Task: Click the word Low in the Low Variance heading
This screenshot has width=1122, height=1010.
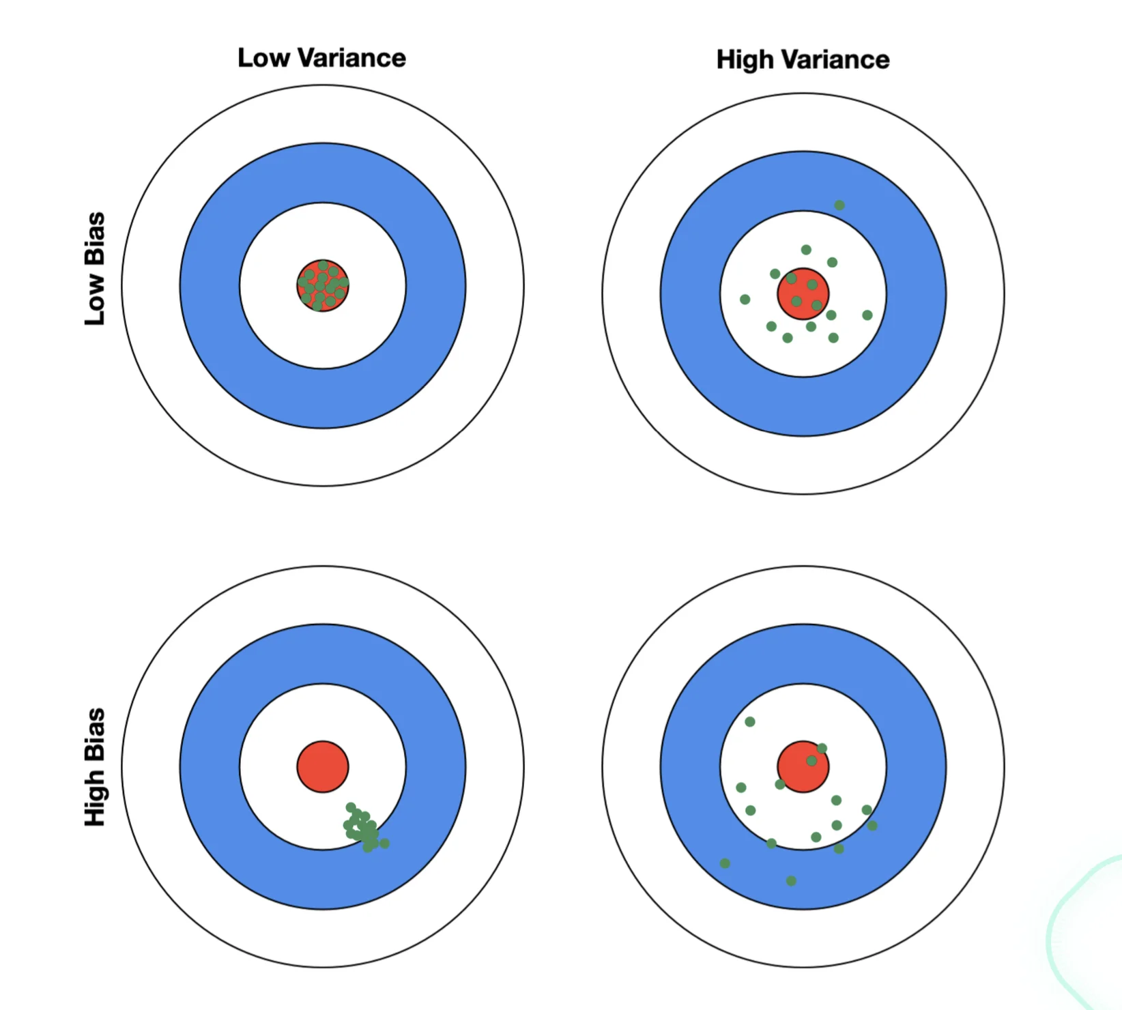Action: [x=263, y=58]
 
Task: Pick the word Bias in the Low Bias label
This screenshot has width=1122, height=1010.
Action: [x=95, y=238]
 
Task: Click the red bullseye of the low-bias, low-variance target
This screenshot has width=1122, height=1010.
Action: [x=323, y=285]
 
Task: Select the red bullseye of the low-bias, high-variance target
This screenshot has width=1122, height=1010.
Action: [x=803, y=293]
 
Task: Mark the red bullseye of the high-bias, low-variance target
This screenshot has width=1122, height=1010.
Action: [x=323, y=766]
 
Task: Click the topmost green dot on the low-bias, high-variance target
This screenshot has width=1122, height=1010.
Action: [x=839, y=205]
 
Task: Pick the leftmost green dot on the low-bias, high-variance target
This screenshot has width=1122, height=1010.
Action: [x=745, y=300]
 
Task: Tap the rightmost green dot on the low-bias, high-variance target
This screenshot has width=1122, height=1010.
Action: [x=867, y=315]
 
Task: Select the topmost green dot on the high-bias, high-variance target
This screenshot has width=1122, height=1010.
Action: [x=750, y=722]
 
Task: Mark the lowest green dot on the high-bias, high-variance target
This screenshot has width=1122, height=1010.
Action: [x=791, y=881]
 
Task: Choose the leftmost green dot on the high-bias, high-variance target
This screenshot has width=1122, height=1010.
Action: [x=725, y=864]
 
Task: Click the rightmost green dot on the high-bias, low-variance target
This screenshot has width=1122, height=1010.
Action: [x=385, y=843]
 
